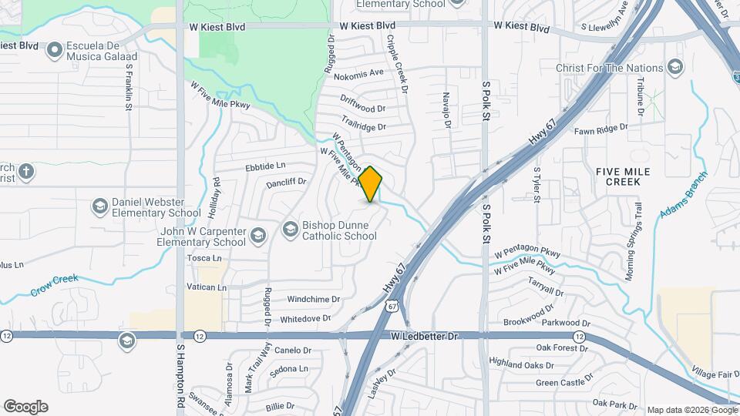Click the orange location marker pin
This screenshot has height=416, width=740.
[x=371, y=183]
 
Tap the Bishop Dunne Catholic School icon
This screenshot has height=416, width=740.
[x=290, y=229]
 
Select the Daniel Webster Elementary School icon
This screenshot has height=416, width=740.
[x=99, y=206]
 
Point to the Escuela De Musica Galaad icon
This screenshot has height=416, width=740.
[x=54, y=51]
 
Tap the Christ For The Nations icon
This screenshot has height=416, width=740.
[x=675, y=68]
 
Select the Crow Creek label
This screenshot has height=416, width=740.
[x=55, y=285]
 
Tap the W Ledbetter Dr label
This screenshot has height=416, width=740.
[x=424, y=337]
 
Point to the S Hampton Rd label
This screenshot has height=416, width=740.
[x=181, y=377]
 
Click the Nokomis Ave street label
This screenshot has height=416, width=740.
[x=358, y=73]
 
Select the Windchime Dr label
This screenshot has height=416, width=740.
[x=313, y=299]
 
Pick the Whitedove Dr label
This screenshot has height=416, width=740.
[x=305, y=318]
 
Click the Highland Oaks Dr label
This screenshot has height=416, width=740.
[x=521, y=364]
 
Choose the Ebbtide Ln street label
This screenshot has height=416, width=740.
[x=264, y=166]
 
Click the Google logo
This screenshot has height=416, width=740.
[x=25, y=407]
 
